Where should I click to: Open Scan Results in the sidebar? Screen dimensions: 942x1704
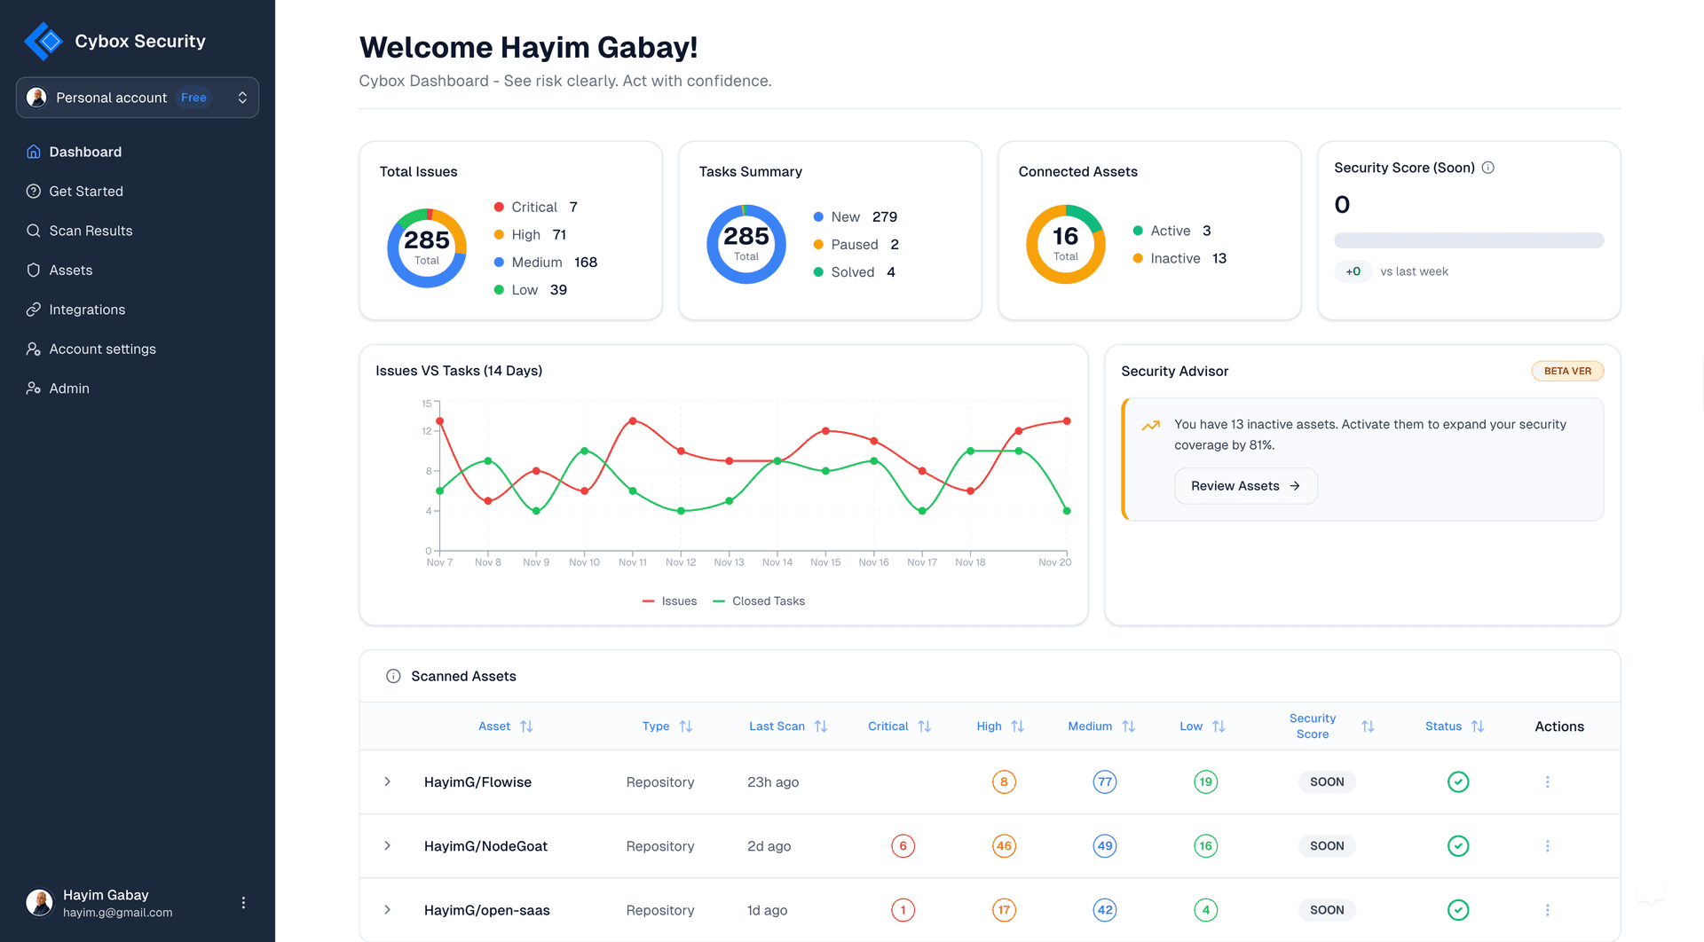click(x=91, y=231)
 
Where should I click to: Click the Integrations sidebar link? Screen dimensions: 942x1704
click(x=87, y=310)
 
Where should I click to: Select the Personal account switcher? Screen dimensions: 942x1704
click(x=138, y=98)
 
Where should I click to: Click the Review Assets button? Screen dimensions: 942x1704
click(x=1245, y=486)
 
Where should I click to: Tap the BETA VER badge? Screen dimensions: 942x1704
click(x=1567, y=371)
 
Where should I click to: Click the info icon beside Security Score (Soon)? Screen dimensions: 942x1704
click(x=1488, y=168)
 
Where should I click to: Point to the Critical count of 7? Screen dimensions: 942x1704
click(x=573, y=207)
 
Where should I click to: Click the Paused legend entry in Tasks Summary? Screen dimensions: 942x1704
click(x=854, y=245)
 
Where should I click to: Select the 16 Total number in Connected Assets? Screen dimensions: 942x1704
click(x=1065, y=237)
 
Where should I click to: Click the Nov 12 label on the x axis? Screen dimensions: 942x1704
click(x=681, y=562)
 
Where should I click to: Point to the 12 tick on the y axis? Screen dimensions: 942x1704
click(x=427, y=431)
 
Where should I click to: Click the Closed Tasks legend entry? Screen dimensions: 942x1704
click(x=760, y=601)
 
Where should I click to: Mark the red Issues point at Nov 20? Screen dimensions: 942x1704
click(x=1067, y=421)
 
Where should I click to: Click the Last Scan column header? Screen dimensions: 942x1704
click(x=777, y=726)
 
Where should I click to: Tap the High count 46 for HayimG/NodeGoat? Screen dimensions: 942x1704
click(x=1004, y=846)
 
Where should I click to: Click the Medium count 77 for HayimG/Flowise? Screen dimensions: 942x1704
click(x=1104, y=782)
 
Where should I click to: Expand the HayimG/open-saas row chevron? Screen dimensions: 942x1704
click(x=387, y=910)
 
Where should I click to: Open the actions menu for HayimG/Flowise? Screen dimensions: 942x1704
click(x=1547, y=782)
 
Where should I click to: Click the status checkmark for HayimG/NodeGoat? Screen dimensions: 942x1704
click(x=1457, y=846)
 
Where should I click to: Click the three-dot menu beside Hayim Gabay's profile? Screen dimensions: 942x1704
click(x=243, y=903)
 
